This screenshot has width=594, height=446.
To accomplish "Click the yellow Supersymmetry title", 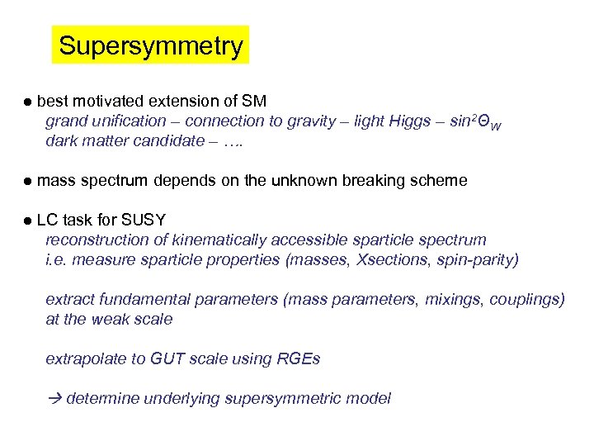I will tap(150, 45).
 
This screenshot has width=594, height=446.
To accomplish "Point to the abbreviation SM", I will tap(254, 102).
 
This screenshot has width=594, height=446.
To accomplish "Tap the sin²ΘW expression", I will tap(475, 122).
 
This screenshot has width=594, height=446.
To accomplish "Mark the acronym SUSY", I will tap(144, 220).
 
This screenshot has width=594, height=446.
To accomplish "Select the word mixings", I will tap(453, 299).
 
